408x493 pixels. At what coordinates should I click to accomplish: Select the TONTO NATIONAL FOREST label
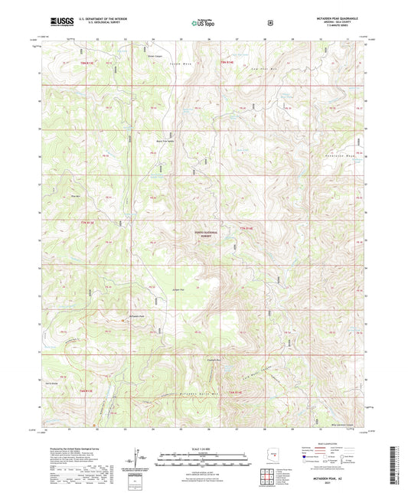(x=204, y=237)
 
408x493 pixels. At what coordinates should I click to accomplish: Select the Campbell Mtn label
(x=215, y=360)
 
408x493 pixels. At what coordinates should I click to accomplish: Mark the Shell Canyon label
(x=149, y=56)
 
